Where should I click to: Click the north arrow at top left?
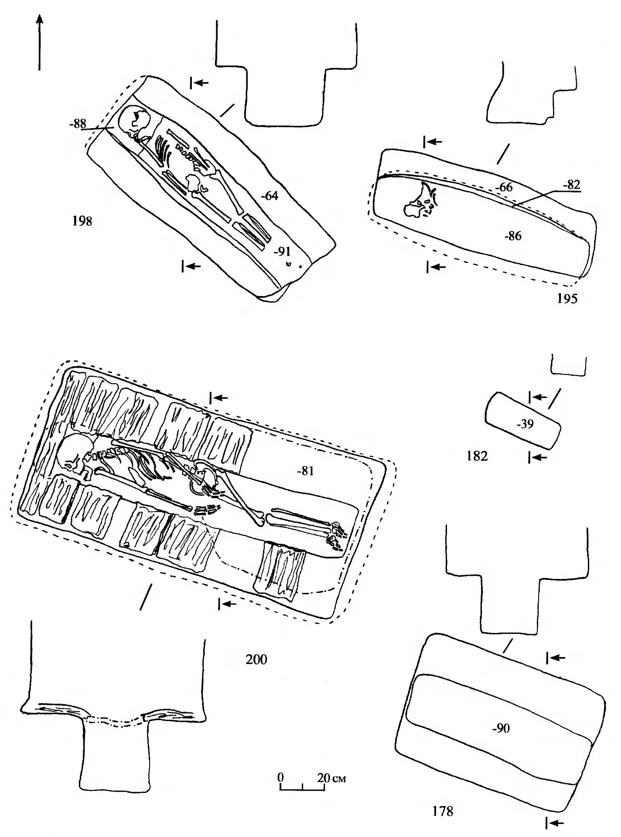tap(40, 41)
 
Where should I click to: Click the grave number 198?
tap(82, 221)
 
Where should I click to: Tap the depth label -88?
tap(77, 124)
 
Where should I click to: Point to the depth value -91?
tap(282, 252)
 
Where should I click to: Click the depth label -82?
tap(572, 185)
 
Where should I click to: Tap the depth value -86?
tap(512, 236)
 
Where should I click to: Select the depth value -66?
tap(503, 187)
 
